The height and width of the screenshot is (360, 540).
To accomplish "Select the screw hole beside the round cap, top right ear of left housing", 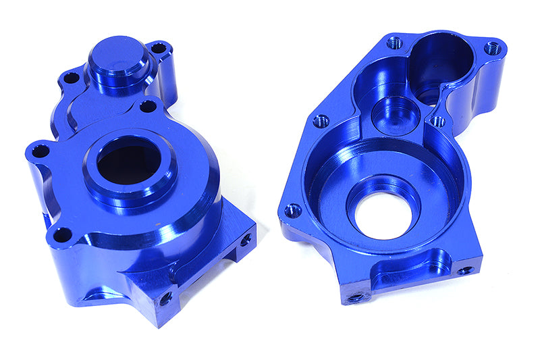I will tap(159, 48).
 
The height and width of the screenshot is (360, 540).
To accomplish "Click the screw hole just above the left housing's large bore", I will tap(148, 106).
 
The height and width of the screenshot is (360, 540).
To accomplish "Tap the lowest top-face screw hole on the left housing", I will tap(62, 234).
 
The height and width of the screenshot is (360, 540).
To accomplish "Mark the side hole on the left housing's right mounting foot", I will tap(246, 239).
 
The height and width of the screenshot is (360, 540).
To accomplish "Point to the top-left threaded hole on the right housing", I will tap(395, 43).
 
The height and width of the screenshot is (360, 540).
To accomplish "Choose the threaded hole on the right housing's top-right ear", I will tap(493, 49).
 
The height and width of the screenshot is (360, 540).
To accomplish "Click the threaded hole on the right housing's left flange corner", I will tap(321, 122).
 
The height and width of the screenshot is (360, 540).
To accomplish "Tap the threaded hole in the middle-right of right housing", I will tap(438, 122).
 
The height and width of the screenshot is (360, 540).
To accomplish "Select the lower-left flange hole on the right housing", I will tap(292, 211).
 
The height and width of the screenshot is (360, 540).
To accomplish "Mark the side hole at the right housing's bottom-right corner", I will tap(465, 271).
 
